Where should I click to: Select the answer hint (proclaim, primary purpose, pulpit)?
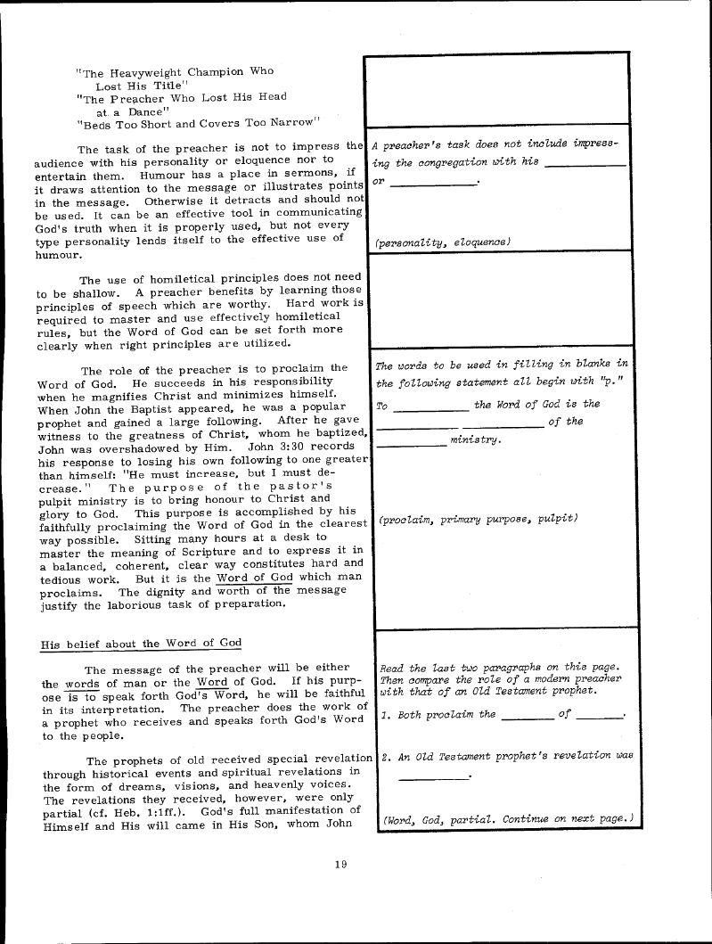click(x=479, y=519)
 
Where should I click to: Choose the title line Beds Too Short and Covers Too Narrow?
click(x=198, y=122)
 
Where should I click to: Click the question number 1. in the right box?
click(x=385, y=715)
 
